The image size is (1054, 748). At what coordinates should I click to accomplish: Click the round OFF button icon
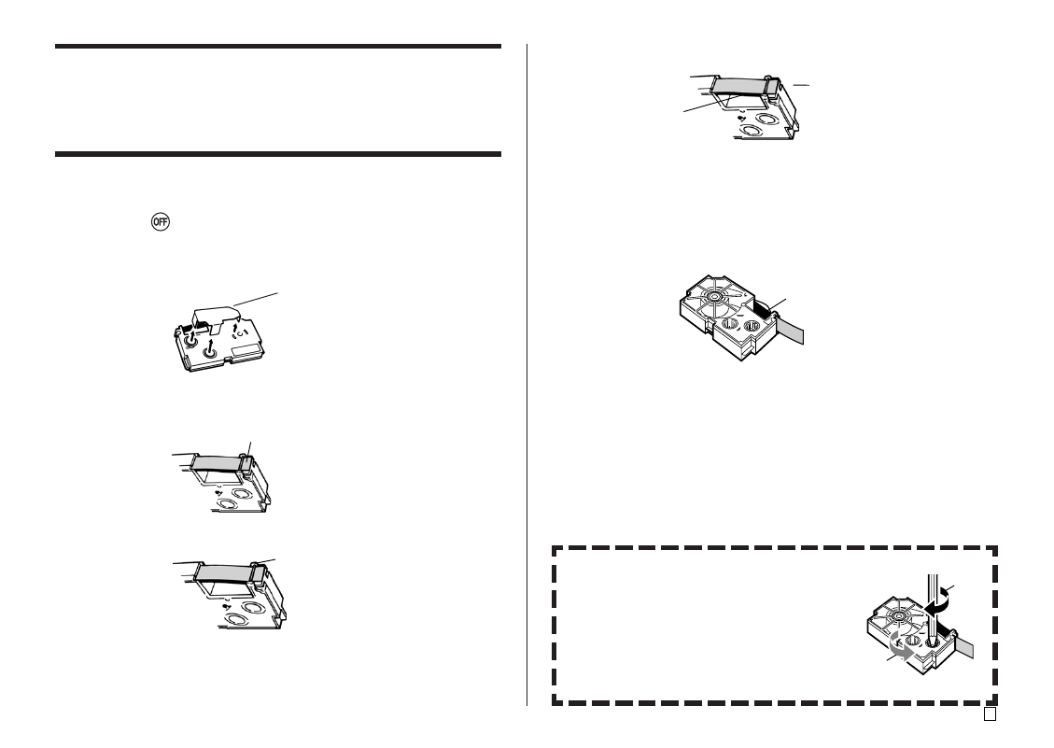tap(160, 221)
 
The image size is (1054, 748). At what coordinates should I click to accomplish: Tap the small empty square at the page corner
tap(990, 713)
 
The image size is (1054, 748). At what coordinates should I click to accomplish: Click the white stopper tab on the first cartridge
tap(215, 318)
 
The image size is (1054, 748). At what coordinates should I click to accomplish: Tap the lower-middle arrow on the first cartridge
tap(210, 347)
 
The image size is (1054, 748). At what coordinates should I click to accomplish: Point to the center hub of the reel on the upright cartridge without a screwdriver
tap(713, 296)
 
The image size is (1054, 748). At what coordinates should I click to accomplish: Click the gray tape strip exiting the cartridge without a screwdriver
tap(789, 330)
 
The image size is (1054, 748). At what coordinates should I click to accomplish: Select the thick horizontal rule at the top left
tap(278, 47)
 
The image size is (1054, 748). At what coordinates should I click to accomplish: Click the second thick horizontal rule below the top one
tap(278, 154)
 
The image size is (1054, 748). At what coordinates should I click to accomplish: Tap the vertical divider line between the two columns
tap(527, 374)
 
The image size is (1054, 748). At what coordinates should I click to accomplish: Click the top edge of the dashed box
tap(774, 548)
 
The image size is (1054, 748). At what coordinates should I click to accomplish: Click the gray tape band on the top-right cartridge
tap(738, 85)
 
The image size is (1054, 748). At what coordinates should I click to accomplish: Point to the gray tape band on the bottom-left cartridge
tap(225, 572)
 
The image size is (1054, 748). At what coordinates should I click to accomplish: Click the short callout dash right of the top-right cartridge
tap(801, 85)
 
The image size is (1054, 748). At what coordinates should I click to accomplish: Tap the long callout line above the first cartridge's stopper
tap(256, 300)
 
